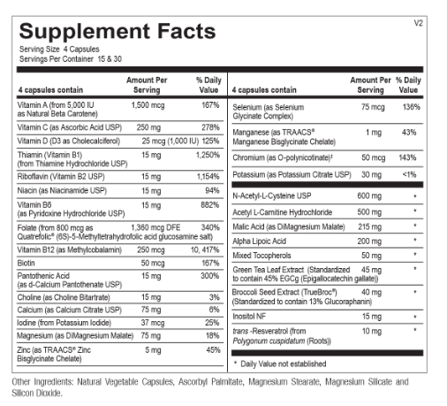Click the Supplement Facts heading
(117, 31)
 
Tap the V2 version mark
(418, 23)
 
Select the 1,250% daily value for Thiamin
(208, 155)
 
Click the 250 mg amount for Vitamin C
(148, 127)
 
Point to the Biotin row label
(26, 263)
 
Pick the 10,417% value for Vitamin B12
(205, 250)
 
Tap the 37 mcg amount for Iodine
(153, 323)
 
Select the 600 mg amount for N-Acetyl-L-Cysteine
(369, 196)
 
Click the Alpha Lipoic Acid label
(259, 241)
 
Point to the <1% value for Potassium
(409, 174)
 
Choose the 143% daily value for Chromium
(407, 157)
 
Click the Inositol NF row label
(249, 317)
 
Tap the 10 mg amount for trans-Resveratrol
(372, 332)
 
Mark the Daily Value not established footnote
(280, 364)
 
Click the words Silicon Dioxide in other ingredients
(37, 393)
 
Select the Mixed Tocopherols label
(261, 256)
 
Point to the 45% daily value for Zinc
(213, 350)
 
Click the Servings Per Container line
(71, 59)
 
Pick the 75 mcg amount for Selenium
(373, 107)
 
